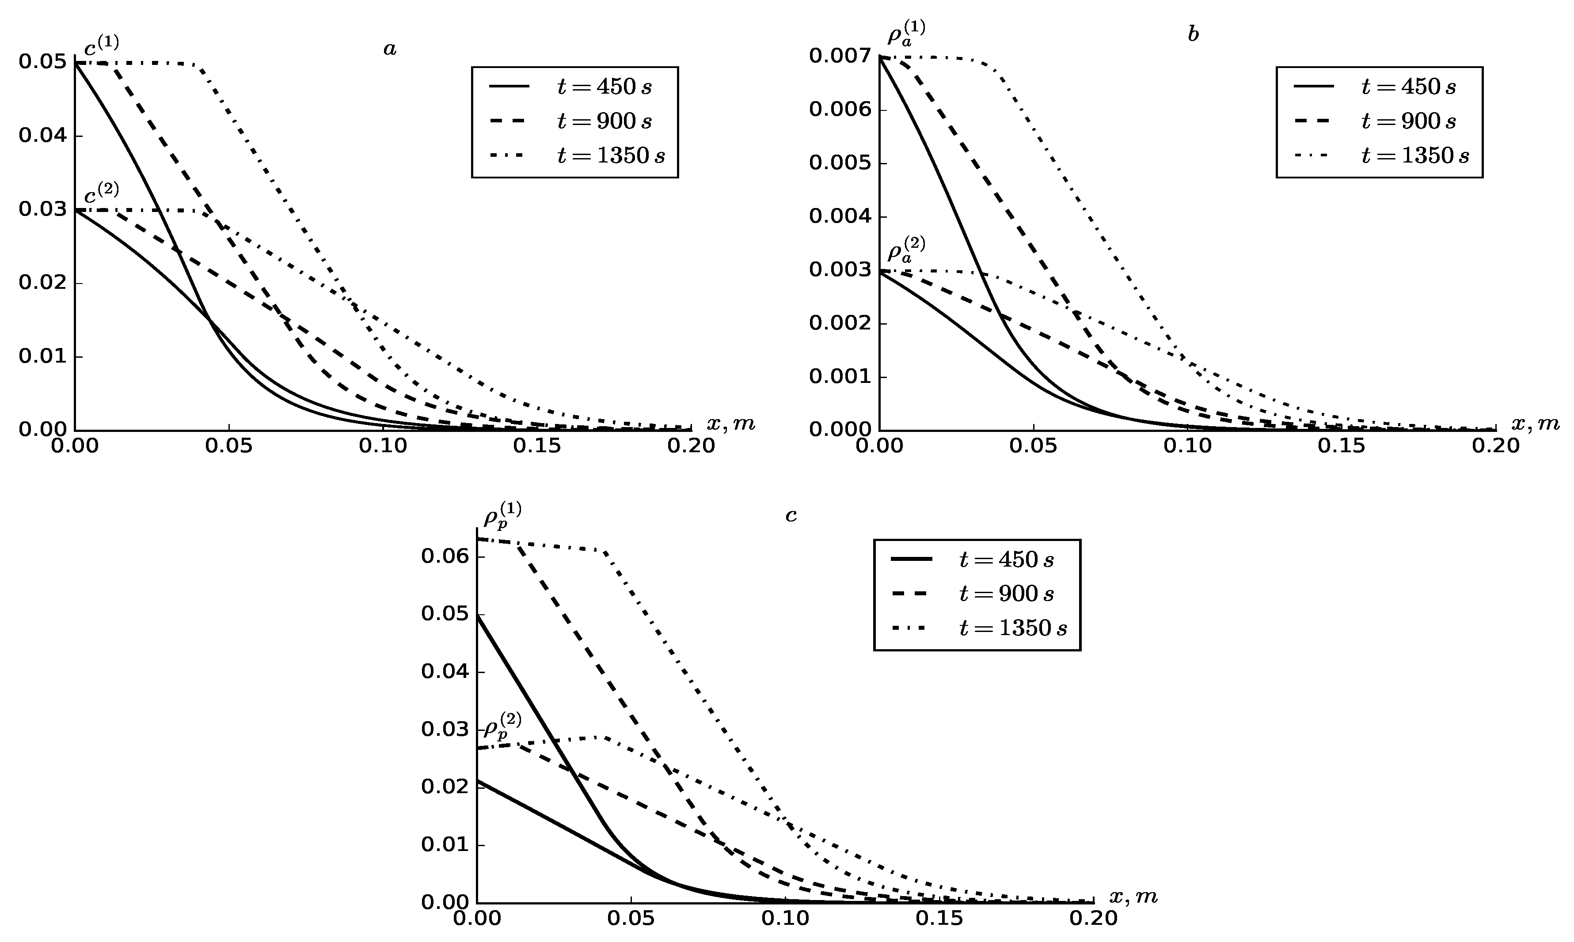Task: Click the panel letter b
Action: pos(1193,35)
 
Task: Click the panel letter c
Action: pos(791,515)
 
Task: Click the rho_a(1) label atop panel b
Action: pos(905,34)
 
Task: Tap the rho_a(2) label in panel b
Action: pos(905,250)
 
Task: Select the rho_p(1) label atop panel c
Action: pos(502,515)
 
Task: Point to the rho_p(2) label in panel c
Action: pos(502,726)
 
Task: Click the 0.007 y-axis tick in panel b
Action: pos(838,57)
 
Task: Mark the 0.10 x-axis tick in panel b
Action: pos(1187,446)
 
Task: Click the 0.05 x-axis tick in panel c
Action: pos(631,919)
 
